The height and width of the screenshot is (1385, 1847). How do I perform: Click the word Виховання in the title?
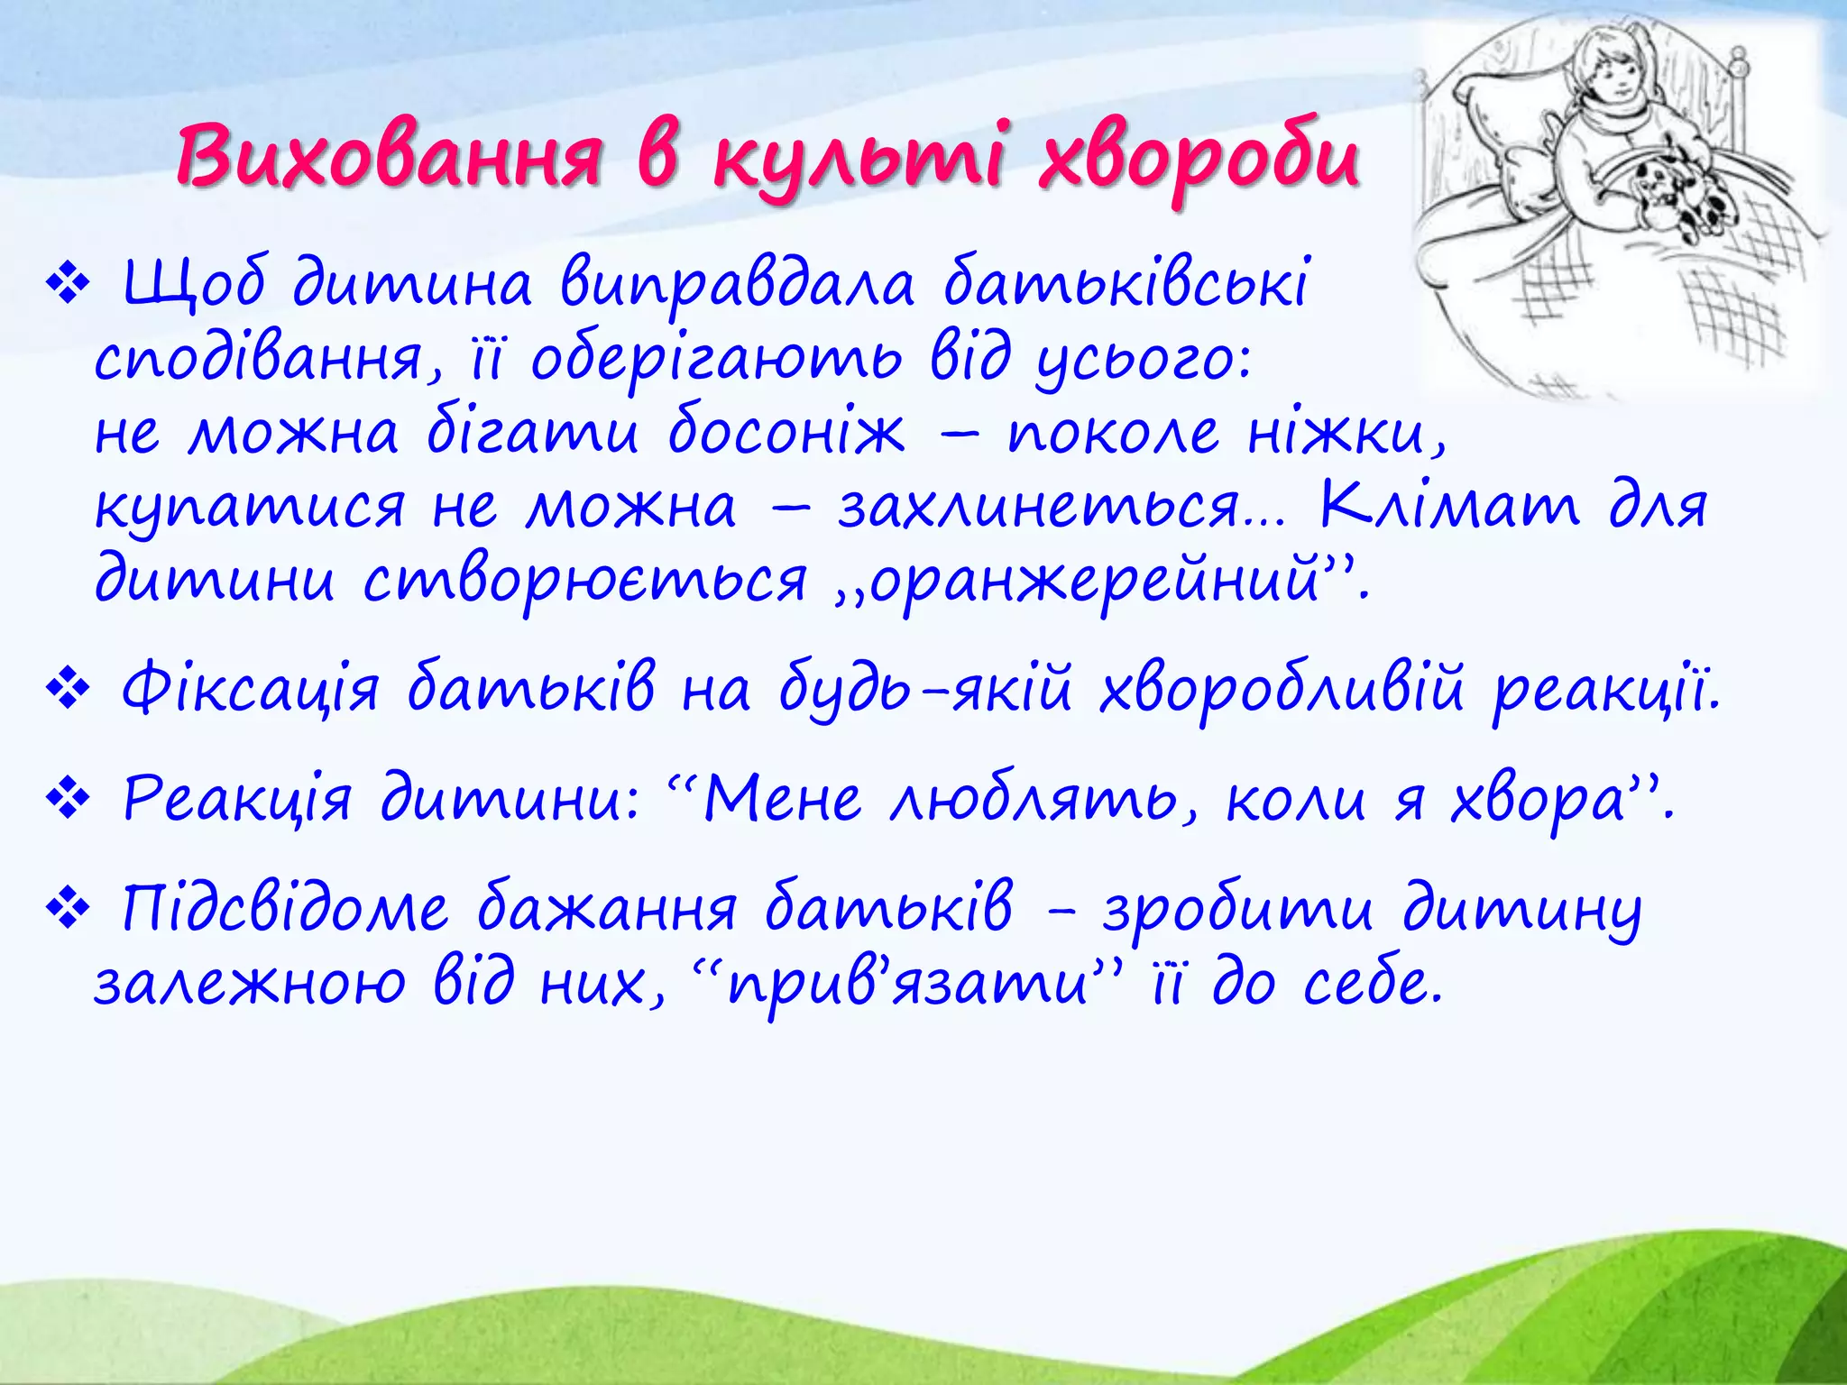(388, 158)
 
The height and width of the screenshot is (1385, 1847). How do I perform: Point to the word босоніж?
(786, 432)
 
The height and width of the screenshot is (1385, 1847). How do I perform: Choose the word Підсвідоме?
(284, 909)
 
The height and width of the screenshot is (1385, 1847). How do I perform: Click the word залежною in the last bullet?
(249, 983)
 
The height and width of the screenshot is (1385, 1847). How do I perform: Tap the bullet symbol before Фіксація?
(68, 692)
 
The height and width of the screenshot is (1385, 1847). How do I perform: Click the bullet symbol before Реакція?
(68, 800)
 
